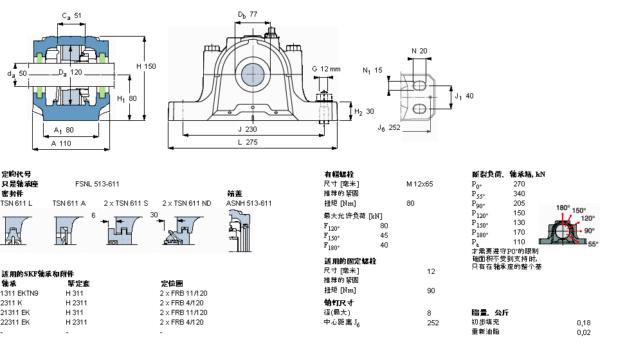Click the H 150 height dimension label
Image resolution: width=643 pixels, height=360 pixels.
click(x=146, y=66)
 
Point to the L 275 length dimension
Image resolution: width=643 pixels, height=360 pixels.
click(x=252, y=142)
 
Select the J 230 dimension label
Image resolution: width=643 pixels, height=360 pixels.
click(x=252, y=129)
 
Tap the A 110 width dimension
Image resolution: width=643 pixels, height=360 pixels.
click(x=61, y=144)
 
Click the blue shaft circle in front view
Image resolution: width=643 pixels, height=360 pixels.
click(x=253, y=75)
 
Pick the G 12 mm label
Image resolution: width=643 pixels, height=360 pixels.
click(x=326, y=69)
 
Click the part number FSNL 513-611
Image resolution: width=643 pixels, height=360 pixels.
click(x=97, y=184)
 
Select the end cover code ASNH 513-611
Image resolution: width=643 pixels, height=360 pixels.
click(x=249, y=203)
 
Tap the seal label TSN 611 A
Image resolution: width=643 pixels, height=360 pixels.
click(x=69, y=203)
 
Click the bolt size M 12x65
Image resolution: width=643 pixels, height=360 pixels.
click(x=419, y=184)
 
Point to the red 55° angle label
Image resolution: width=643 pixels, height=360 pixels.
click(x=592, y=244)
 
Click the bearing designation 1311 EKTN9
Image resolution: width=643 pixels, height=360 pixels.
click(x=20, y=293)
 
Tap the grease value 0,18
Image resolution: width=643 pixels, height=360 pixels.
click(x=583, y=322)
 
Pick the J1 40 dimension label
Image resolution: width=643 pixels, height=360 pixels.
click(x=464, y=96)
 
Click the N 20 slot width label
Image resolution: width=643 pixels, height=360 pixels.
click(x=419, y=51)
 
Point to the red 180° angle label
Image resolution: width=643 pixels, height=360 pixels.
click(x=563, y=208)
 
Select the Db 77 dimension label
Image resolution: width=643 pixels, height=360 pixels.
click(x=247, y=14)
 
